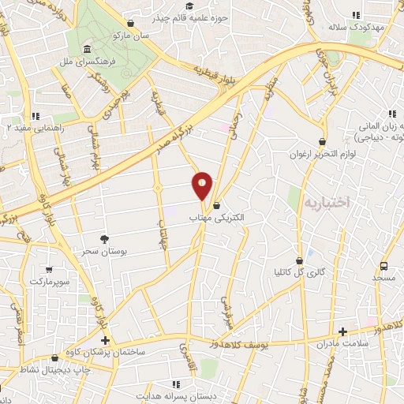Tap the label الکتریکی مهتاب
[x=216, y=216]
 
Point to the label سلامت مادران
[x=341, y=344]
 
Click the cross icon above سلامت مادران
[x=342, y=332]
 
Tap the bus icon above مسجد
[x=383, y=266]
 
